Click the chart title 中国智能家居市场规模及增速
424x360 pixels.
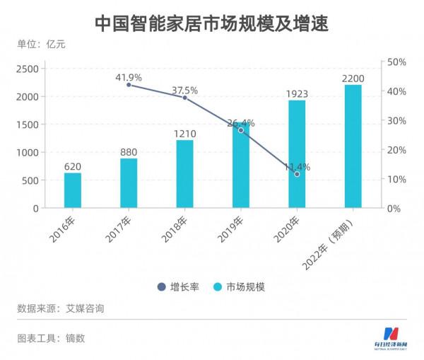click(211, 23)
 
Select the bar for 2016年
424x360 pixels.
click(72, 190)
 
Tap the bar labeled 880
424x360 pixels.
click(129, 183)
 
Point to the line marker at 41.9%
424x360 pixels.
click(129, 85)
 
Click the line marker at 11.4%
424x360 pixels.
click(297, 174)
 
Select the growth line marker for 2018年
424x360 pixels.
click(184, 98)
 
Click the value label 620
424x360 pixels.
click(72, 165)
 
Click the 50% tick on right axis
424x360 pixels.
click(396, 62)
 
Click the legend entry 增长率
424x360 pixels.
click(177, 287)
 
